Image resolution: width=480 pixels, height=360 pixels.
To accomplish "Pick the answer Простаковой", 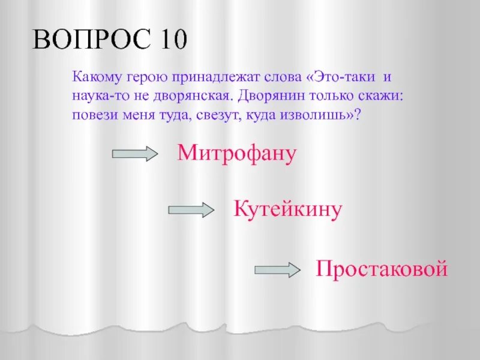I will (x=382, y=268).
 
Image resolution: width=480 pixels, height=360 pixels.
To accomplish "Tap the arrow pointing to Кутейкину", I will (x=191, y=209).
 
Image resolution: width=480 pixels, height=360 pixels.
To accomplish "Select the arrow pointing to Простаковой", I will (x=277, y=270).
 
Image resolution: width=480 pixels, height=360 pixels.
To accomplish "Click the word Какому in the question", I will (x=95, y=78).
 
